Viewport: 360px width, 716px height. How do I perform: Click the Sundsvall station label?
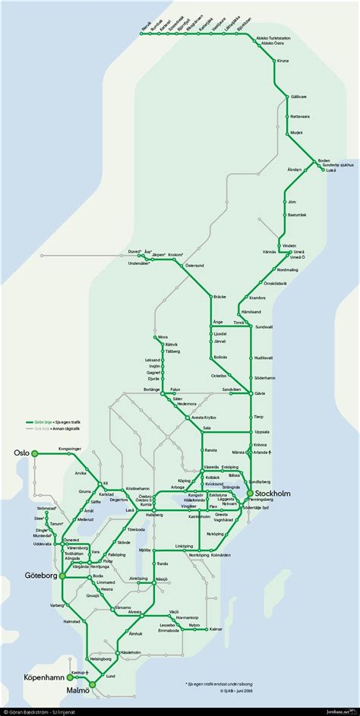264,326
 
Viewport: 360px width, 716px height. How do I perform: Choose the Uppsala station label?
264,431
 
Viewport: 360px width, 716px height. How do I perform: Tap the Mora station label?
162,336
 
